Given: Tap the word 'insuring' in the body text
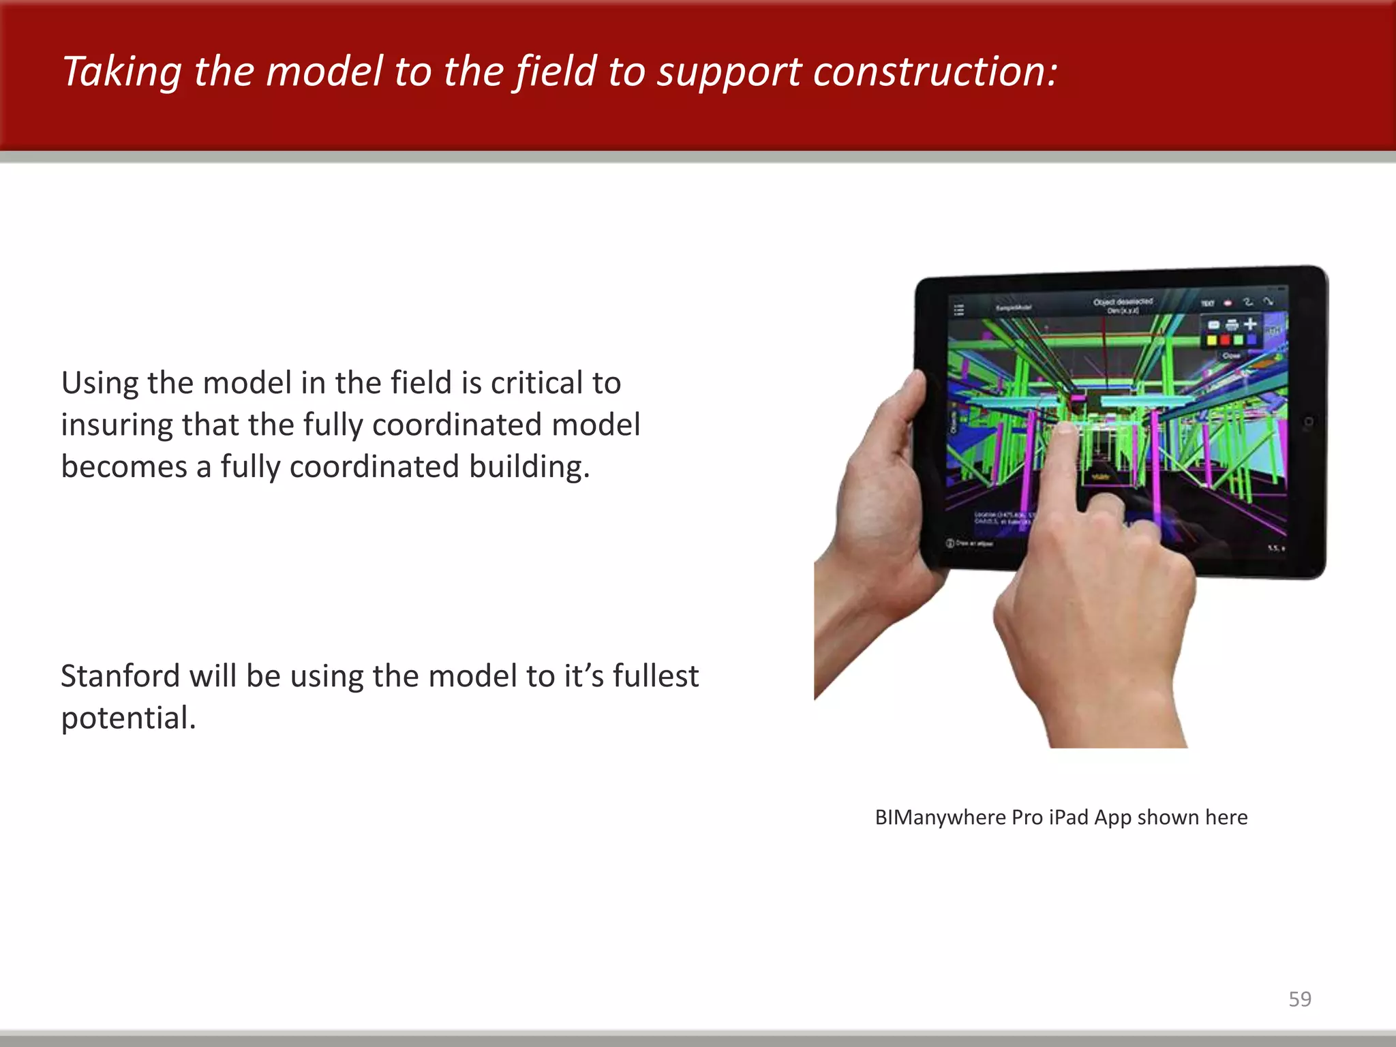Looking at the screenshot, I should (116, 425).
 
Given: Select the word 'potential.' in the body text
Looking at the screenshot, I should (128, 718).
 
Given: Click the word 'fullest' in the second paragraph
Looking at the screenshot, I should (655, 676).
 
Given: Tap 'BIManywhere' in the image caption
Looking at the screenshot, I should (940, 817).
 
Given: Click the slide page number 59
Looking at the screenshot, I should (1299, 999).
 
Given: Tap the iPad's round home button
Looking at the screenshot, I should (1308, 423).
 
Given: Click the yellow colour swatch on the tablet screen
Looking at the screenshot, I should (1213, 340).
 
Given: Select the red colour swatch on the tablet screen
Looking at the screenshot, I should (1226, 340).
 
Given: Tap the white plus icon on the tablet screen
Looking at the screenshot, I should (1250, 324).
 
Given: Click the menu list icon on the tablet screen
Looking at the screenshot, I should (959, 310).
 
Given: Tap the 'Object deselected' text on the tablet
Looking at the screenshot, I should (1123, 301).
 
